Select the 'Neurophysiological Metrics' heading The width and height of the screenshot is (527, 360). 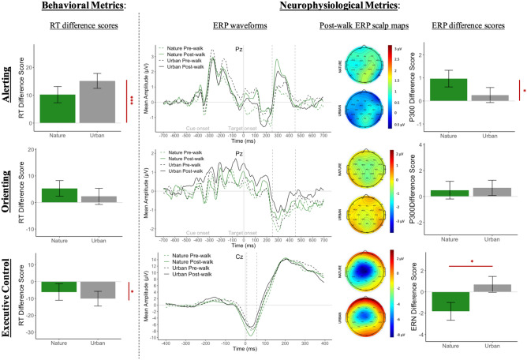(x=321, y=8)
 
